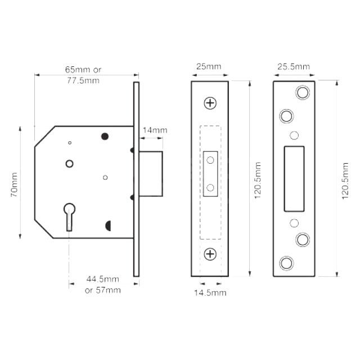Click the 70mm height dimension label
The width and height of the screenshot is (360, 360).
(x=15, y=184)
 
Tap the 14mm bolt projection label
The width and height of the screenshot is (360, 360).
(x=155, y=130)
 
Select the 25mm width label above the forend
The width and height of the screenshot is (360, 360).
(x=208, y=67)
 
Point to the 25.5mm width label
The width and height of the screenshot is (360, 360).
(x=293, y=67)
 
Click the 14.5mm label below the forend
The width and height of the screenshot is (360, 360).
(x=211, y=293)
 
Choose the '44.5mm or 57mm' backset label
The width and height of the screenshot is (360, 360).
(x=103, y=285)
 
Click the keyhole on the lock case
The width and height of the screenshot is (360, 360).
(x=69, y=215)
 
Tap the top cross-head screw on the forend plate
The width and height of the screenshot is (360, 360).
(x=210, y=103)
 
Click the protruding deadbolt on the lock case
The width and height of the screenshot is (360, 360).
(x=151, y=174)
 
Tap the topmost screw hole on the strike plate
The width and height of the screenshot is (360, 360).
(x=303, y=93)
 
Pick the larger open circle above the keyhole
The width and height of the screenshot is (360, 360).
(x=69, y=164)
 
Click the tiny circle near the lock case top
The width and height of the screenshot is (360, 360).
(x=69, y=143)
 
